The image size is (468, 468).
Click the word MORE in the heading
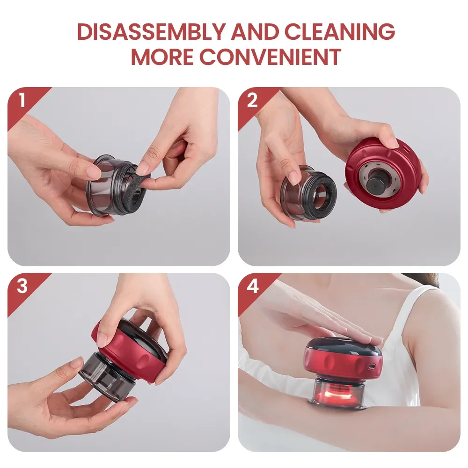(x=162, y=57)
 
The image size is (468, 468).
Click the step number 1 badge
(x=21, y=100)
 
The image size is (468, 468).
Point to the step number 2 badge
(x=252, y=100)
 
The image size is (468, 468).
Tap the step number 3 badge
(x=22, y=286)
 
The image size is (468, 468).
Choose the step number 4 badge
(x=252, y=286)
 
